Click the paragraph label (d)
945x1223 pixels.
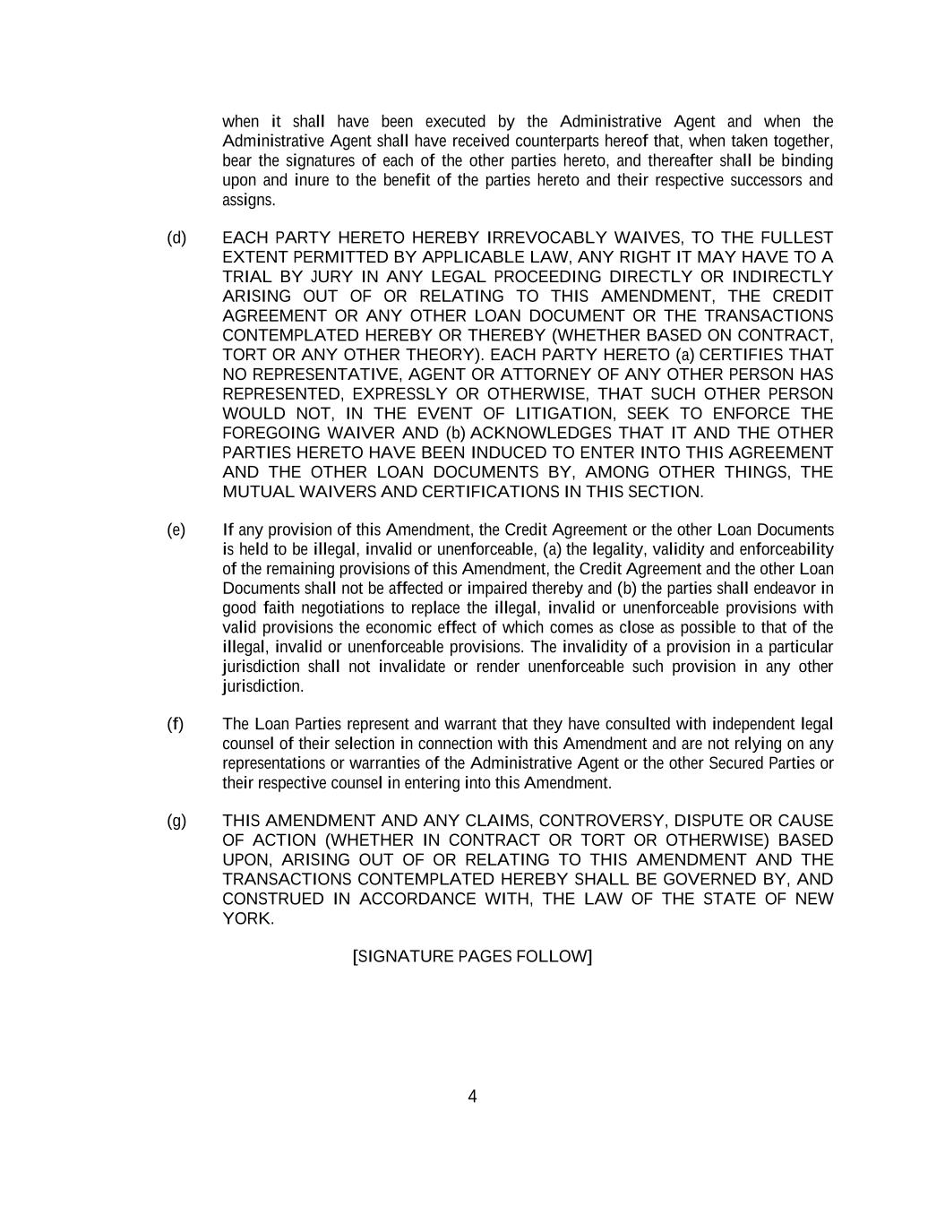176,237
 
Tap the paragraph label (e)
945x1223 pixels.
176,530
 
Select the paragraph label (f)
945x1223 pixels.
176,724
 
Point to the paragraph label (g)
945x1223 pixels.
176,821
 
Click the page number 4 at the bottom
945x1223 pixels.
472,1097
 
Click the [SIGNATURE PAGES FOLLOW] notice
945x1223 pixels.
472,956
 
